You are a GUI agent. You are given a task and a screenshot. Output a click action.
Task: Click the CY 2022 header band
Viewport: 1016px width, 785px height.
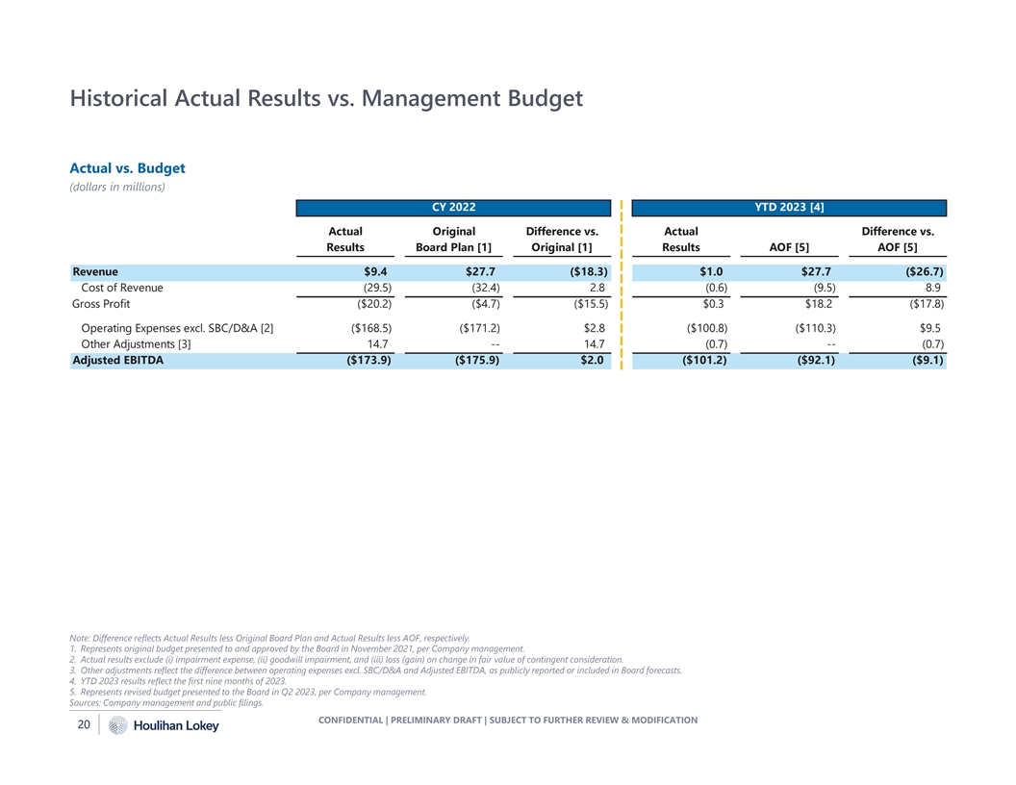(x=453, y=208)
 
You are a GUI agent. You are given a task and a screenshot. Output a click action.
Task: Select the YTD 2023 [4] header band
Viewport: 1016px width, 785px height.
(x=790, y=208)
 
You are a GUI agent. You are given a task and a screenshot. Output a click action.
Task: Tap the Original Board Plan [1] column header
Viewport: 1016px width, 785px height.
(x=453, y=240)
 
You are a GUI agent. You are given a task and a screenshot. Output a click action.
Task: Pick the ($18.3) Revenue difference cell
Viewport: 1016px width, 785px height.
(x=582, y=271)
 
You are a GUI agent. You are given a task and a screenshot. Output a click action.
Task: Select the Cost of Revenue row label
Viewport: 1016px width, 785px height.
(x=122, y=288)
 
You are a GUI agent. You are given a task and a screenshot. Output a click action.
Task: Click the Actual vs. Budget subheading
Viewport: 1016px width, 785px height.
(x=128, y=168)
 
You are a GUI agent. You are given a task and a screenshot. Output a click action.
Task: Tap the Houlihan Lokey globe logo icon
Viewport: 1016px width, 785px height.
(x=117, y=726)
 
